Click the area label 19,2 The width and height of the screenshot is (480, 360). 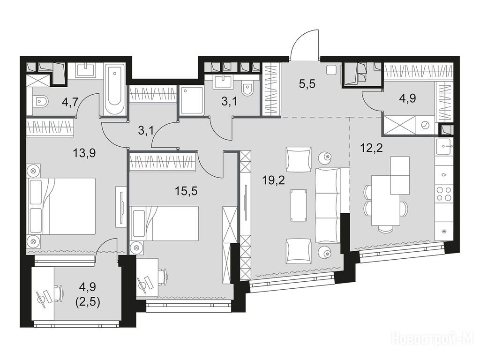[274, 180]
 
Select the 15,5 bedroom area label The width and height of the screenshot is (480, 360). [186, 191]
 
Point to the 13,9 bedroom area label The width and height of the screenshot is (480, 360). [84, 152]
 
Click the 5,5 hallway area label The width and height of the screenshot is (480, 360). [307, 83]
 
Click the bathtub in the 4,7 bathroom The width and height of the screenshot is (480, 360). [115, 89]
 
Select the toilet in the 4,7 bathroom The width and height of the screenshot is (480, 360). [40, 101]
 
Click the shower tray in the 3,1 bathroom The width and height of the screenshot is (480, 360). [192, 100]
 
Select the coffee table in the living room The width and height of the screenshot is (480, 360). [299, 205]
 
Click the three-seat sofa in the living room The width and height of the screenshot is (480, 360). [328, 205]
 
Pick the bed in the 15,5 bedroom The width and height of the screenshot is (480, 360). [165, 223]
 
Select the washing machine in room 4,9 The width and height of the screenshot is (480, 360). [425, 125]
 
